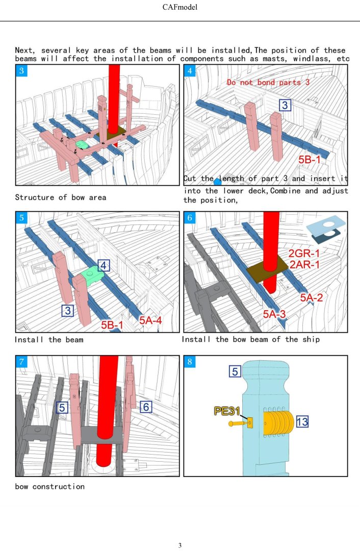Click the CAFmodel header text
180,7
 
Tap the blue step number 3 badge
21,71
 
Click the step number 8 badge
190,362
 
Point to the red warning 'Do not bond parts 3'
268,82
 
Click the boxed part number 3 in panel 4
286,106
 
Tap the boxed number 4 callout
104,266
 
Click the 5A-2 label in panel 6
311,297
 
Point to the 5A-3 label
277,315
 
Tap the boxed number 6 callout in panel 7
146,407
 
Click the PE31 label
227,411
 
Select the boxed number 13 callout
301,421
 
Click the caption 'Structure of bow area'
61,197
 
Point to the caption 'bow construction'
49,486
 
